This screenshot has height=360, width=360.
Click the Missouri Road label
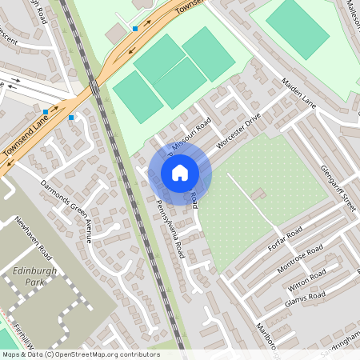click(x=190, y=135)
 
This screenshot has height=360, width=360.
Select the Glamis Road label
click(x=306, y=299)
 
